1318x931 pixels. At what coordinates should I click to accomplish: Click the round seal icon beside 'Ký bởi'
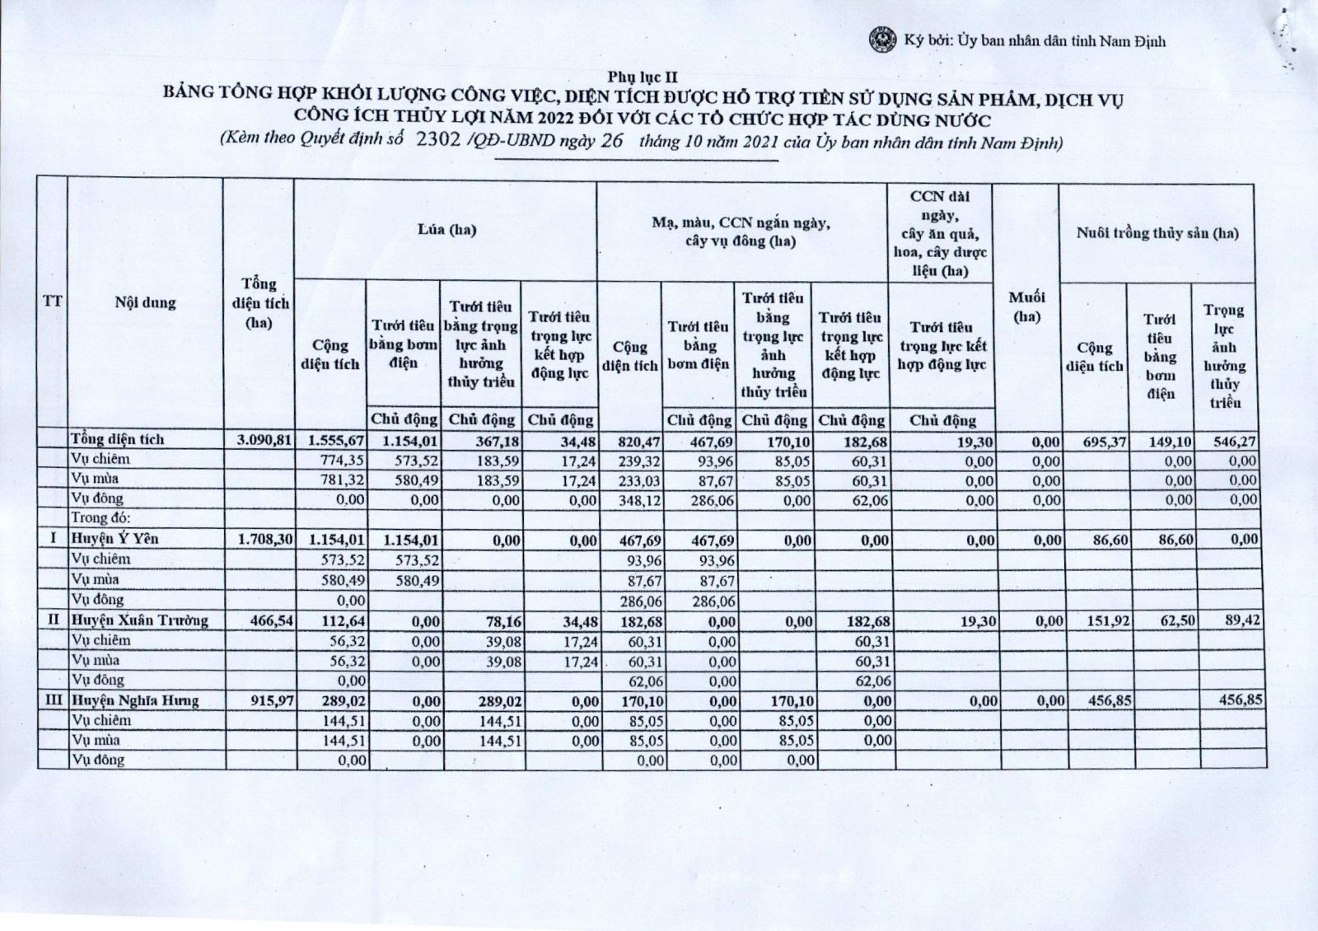tap(884, 40)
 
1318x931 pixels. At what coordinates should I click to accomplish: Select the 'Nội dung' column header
tap(146, 302)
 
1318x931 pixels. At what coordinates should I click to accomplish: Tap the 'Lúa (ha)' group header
tap(447, 230)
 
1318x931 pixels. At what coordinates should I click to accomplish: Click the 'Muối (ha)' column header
tap(1026, 306)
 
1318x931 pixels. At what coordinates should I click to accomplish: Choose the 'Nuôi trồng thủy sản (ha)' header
tap(1157, 233)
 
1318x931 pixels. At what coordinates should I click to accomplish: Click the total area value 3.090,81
tap(264, 440)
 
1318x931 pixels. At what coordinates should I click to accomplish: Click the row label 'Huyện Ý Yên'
tap(115, 539)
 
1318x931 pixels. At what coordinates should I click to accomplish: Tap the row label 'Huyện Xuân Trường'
tap(140, 620)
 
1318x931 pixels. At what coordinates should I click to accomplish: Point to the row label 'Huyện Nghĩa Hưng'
tap(135, 700)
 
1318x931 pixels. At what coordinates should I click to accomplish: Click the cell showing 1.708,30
tap(264, 540)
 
